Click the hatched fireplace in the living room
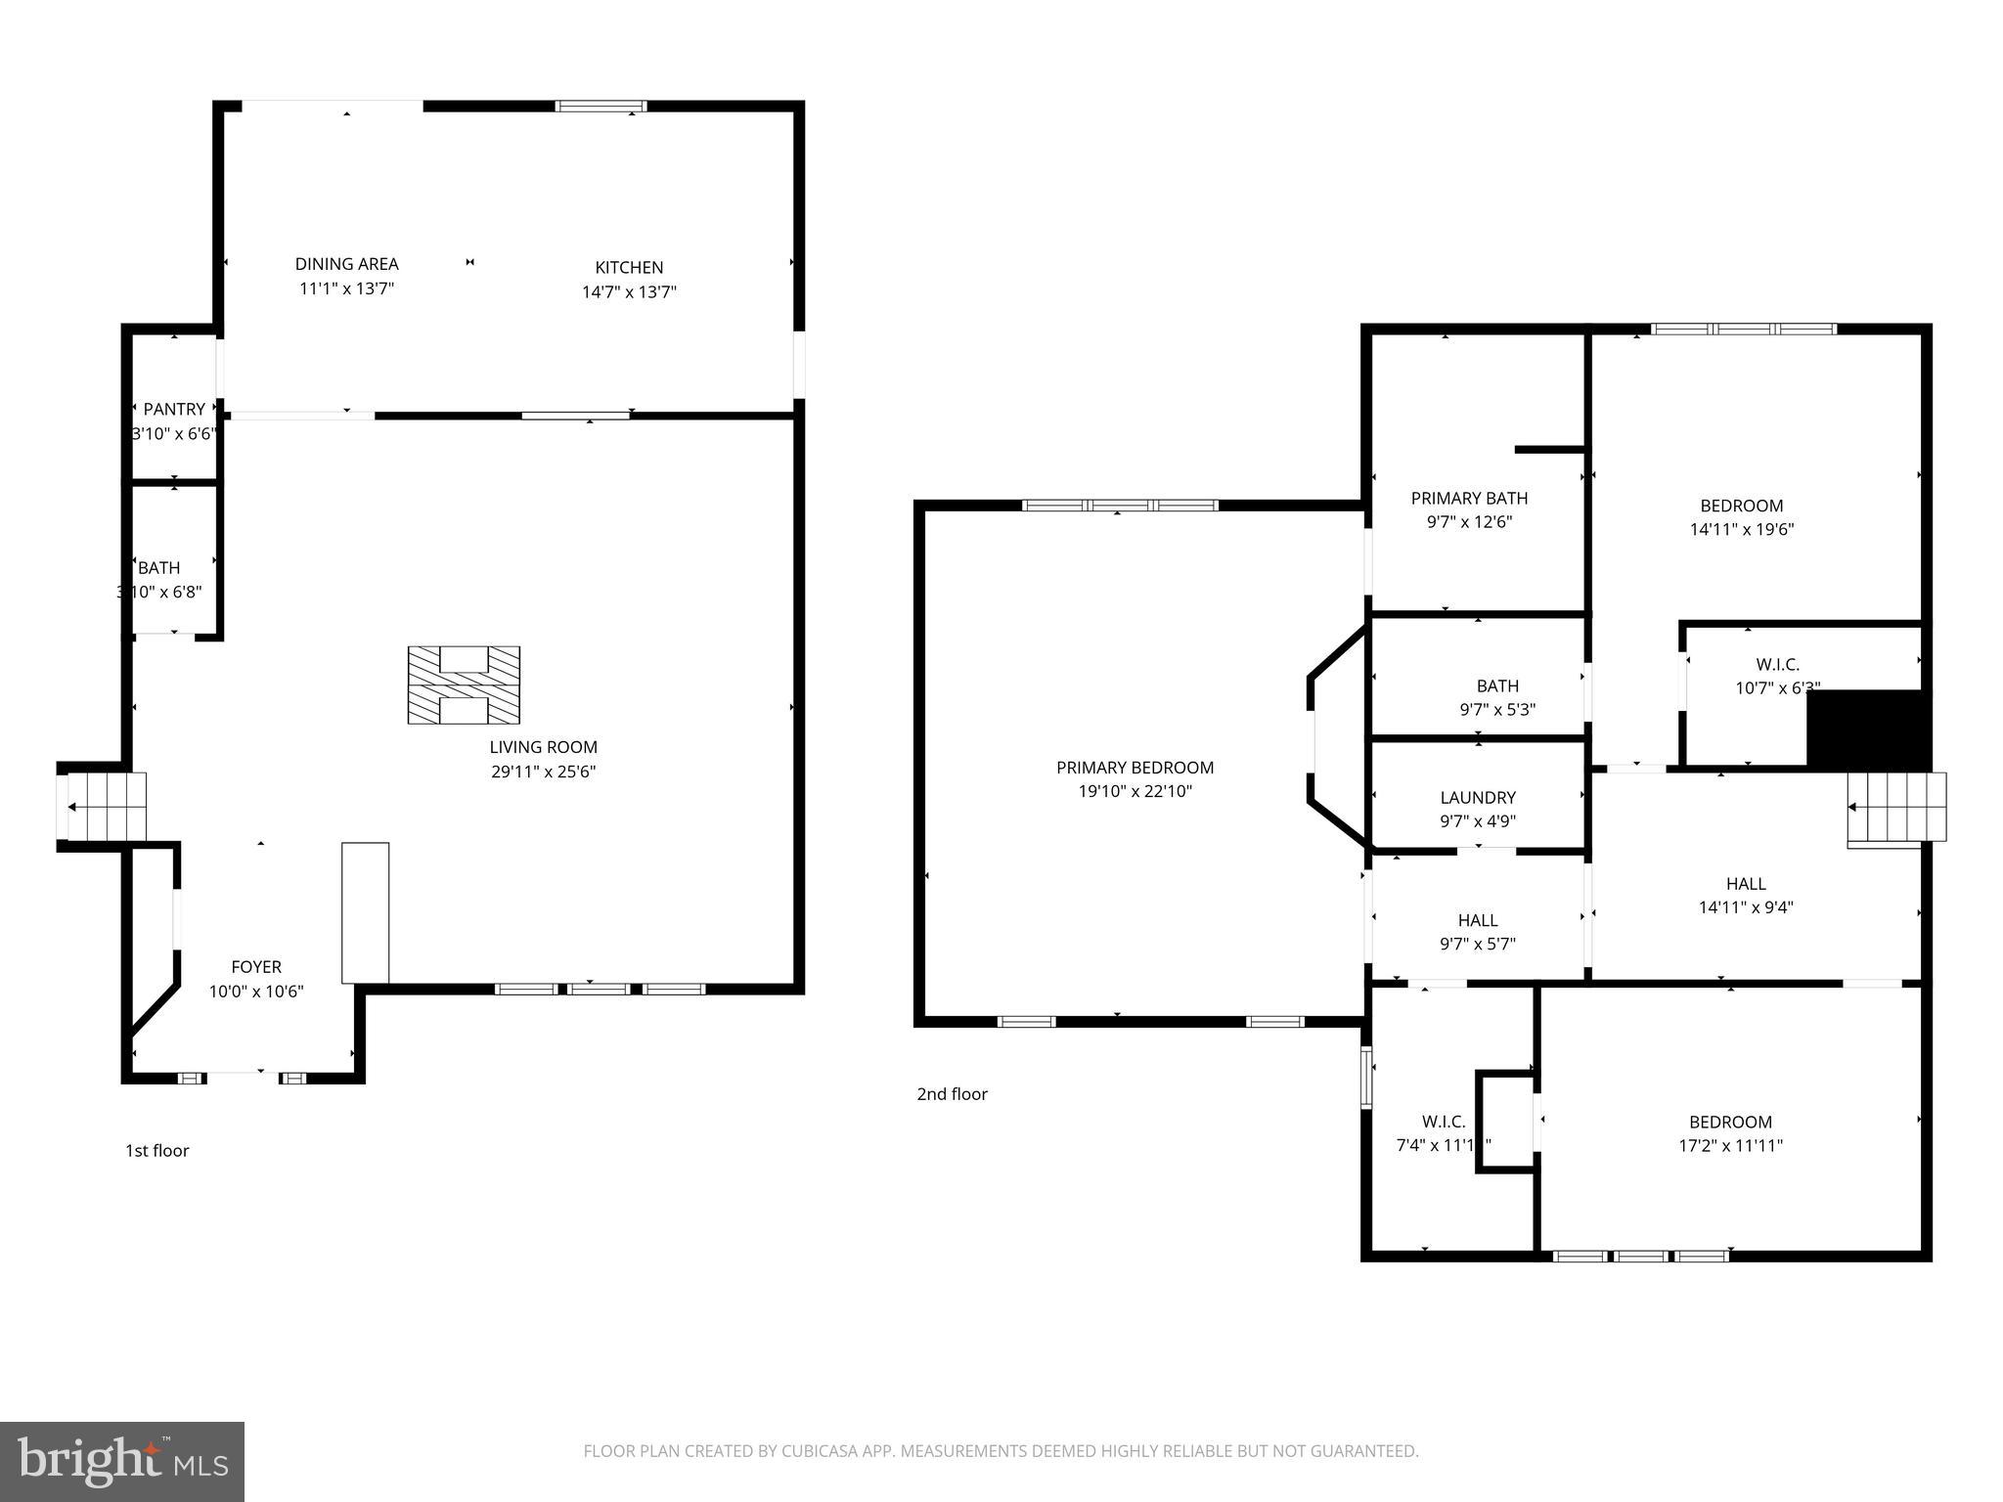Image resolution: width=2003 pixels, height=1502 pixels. point(464,685)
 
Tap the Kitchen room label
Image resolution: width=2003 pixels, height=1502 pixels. point(629,267)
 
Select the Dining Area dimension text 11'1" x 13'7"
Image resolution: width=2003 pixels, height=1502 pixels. point(346,288)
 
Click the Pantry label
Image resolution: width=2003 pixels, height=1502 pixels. point(174,409)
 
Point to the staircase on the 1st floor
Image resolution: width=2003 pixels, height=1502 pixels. point(103,807)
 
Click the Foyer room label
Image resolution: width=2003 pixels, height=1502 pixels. point(256,967)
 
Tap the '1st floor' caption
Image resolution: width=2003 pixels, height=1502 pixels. point(156,1151)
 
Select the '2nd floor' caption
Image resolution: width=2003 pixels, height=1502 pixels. point(952,1094)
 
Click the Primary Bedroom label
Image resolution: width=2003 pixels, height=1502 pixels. point(1135,768)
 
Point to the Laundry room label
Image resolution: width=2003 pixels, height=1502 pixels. point(1478,798)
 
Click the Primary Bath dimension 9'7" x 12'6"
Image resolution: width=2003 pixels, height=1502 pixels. point(1469,522)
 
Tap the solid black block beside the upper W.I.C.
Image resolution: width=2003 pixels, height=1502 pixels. point(1868,729)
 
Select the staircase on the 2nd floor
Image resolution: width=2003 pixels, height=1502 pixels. point(1895,808)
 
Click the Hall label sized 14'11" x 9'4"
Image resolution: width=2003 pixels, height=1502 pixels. point(1746,883)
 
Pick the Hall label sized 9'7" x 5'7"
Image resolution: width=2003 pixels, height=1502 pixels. point(1478,920)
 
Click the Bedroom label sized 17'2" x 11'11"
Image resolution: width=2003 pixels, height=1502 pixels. point(1730,1122)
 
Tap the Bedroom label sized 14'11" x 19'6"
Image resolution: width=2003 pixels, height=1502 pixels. point(1741,506)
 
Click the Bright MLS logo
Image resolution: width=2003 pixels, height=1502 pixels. point(122,1461)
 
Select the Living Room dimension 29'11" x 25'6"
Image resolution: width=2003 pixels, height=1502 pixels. point(543,772)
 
